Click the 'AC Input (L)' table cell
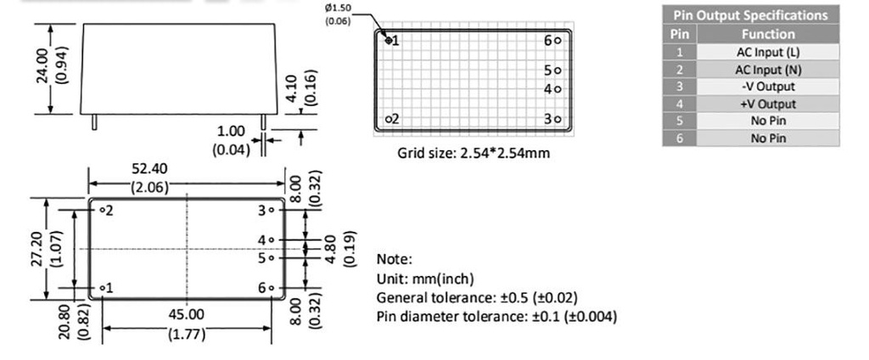point(768,52)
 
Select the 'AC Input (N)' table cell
point(768,69)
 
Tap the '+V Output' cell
point(768,104)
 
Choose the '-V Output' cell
point(768,87)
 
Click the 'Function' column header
point(768,34)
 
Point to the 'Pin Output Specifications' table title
point(750,15)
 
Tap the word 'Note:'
point(394,259)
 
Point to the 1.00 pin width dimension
point(231,132)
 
